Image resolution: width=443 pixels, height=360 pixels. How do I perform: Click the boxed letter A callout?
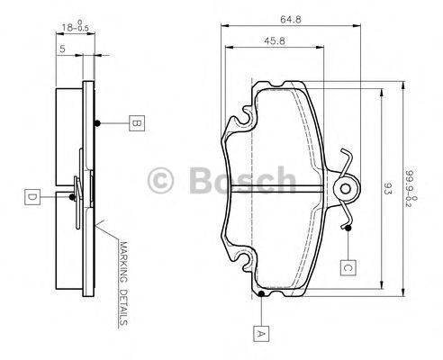click(262, 333)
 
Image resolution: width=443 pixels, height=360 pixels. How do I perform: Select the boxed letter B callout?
click(134, 123)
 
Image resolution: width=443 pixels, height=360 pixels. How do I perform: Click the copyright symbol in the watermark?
click(164, 181)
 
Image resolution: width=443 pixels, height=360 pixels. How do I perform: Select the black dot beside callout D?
click(72, 195)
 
